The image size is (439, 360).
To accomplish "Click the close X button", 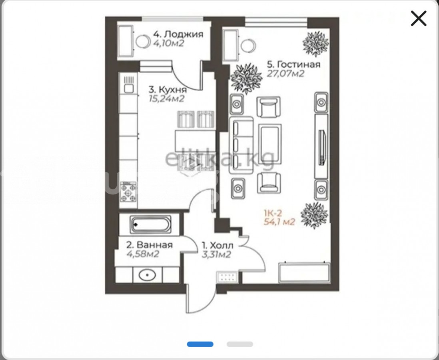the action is pyautogui.click(x=419, y=18).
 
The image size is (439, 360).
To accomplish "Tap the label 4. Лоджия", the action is pyautogui.click(x=178, y=34).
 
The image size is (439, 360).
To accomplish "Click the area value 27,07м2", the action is pyautogui.click(x=285, y=74).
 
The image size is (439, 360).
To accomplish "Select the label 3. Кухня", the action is pyautogui.click(x=168, y=90).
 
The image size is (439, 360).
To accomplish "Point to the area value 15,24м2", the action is pyautogui.click(x=167, y=99).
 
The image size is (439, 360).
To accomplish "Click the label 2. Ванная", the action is pyautogui.click(x=149, y=245).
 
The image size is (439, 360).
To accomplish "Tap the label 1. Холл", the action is pyautogui.click(x=218, y=246).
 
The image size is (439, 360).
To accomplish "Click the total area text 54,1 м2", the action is pyautogui.click(x=279, y=222).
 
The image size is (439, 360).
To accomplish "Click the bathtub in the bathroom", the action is pyautogui.click(x=150, y=224).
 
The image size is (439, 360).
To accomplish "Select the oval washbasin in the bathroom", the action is pyautogui.click(x=148, y=275).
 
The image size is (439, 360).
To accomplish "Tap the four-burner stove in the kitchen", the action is pyautogui.click(x=128, y=192).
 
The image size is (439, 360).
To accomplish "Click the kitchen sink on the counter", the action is pyautogui.click(x=129, y=84).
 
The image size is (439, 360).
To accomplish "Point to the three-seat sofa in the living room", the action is pyautogui.click(x=241, y=145).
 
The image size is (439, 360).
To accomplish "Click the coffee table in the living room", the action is pyautogui.click(x=270, y=144).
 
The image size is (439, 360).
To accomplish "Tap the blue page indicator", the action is pyautogui.click(x=200, y=344).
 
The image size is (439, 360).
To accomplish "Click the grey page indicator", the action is pyautogui.click(x=240, y=344).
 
